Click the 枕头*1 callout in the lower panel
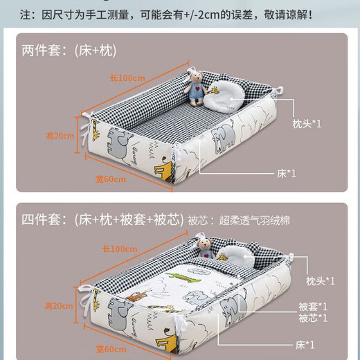(321, 281)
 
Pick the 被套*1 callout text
(313, 306)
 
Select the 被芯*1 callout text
(313, 318)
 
